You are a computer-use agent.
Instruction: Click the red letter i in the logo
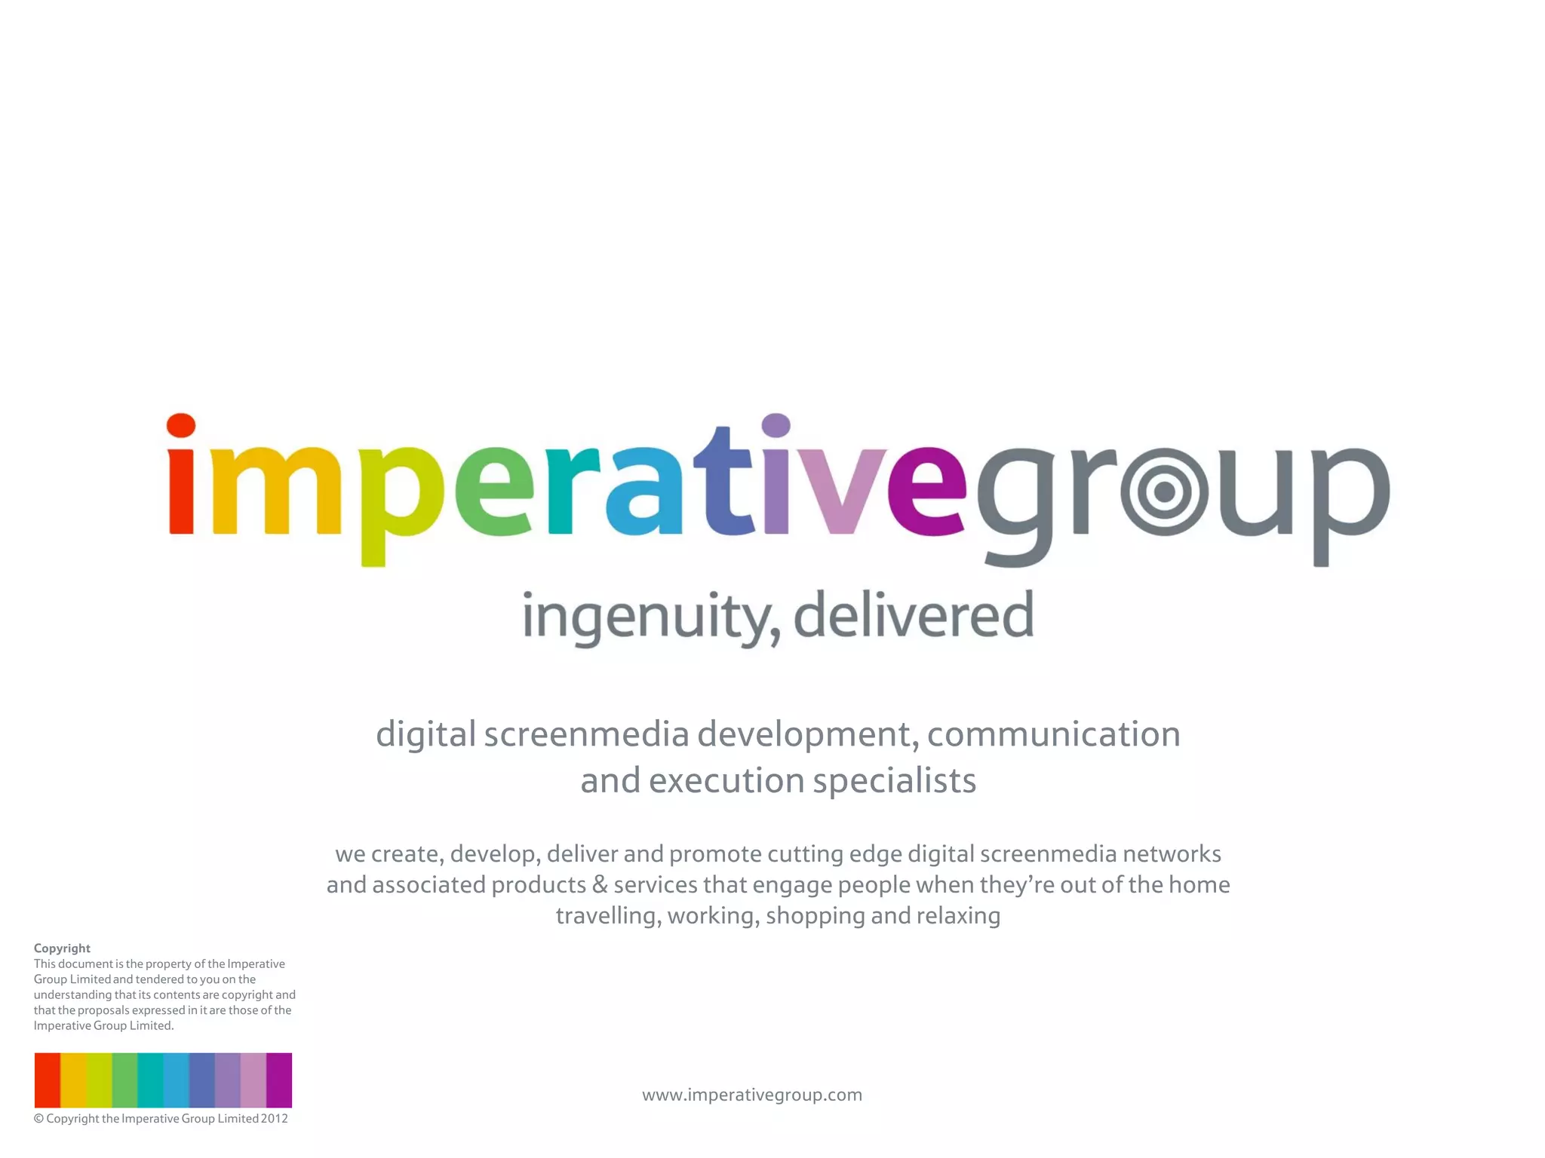[181, 490]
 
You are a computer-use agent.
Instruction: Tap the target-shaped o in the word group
[1164, 492]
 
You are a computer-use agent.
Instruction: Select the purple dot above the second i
[776, 425]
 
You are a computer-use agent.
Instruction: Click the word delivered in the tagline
[913, 614]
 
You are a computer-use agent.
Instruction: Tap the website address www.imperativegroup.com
[752, 1095]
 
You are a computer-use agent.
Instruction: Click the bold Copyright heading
[62, 948]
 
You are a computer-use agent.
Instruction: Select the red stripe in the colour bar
[48, 1080]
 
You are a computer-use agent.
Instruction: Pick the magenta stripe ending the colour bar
[279, 1080]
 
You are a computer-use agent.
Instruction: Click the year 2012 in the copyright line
[275, 1119]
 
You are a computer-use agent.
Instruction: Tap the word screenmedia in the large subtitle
[586, 734]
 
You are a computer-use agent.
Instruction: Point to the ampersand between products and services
[600, 884]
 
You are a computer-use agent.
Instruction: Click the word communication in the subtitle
[1053, 734]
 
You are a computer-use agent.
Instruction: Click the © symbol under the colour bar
[38, 1119]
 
